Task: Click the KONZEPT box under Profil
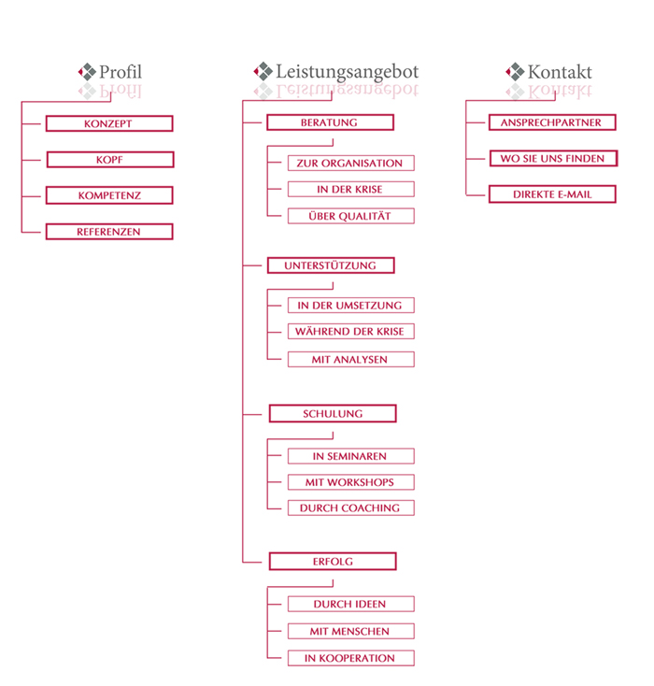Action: (x=109, y=123)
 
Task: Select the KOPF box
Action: (x=110, y=160)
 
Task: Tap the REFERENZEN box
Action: (x=109, y=232)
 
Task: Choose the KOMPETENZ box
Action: (x=109, y=195)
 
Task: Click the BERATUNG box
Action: (x=331, y=122)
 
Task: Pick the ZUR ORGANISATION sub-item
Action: (x=351, y=164)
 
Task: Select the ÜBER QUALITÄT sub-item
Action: (x=351, y=216)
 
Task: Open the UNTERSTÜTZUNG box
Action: (x=331, y=265)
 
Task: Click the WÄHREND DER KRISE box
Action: (x=351, y=331)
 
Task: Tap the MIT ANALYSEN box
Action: (x=351, y=359)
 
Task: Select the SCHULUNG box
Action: (x=333, y=413)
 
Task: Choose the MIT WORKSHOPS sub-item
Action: (x=351, y=482)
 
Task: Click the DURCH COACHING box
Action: (x=351, y=507)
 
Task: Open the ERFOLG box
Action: (x=333, y=562)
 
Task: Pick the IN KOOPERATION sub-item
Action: (x=351, y=658)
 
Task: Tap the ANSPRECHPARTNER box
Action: (x=552, y=122)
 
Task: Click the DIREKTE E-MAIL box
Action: (x=552, y=194)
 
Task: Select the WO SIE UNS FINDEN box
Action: (x=553, y=158)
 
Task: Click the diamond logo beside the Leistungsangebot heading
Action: (x=263, y=71)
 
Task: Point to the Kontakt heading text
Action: (x=560, y=72)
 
